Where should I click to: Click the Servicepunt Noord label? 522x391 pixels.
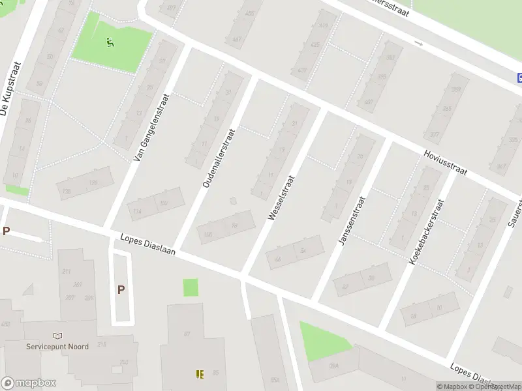pyautogui.click(x=57, y=347)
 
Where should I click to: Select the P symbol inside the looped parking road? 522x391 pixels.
pyautogui.click(x=121, y=290)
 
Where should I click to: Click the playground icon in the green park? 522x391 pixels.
pyautogui.click(x=110, y=43)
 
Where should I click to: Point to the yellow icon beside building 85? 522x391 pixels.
pyautogui.click(x=200, y=374)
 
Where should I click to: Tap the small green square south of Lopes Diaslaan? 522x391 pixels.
pyautogui.click(x=191, y=287)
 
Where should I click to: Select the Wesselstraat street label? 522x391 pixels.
pyautogui.click(x=282, y=196)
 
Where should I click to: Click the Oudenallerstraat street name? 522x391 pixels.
pyautogui.click(x=218, y=158)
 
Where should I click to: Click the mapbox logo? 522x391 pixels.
pyautogui.click(x=29, y=383)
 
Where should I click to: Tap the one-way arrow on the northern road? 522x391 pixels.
pyautogui.click(x=419, y=44)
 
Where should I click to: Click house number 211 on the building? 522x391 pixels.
pyautogui.click(x=65, y=271)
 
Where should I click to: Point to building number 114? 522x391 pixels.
pyautogui.click(x=137, y=211)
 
